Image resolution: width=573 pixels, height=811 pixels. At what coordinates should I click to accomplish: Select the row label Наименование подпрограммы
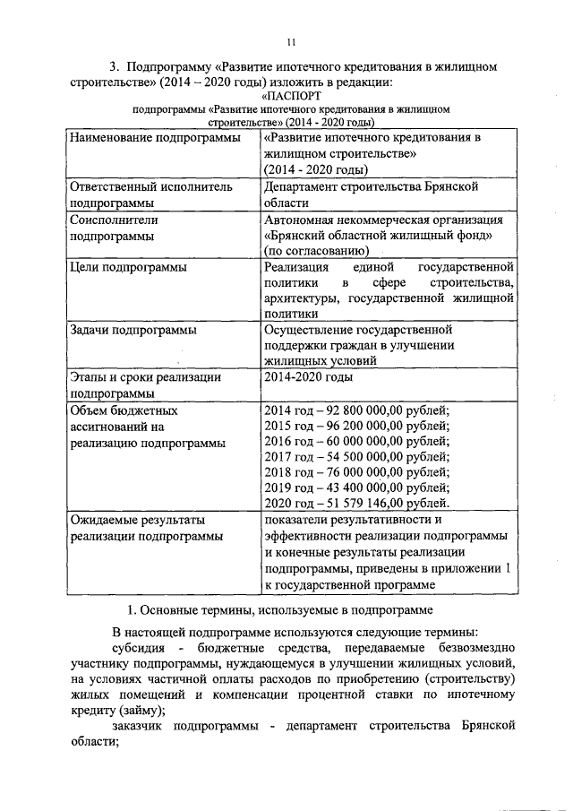155,139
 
